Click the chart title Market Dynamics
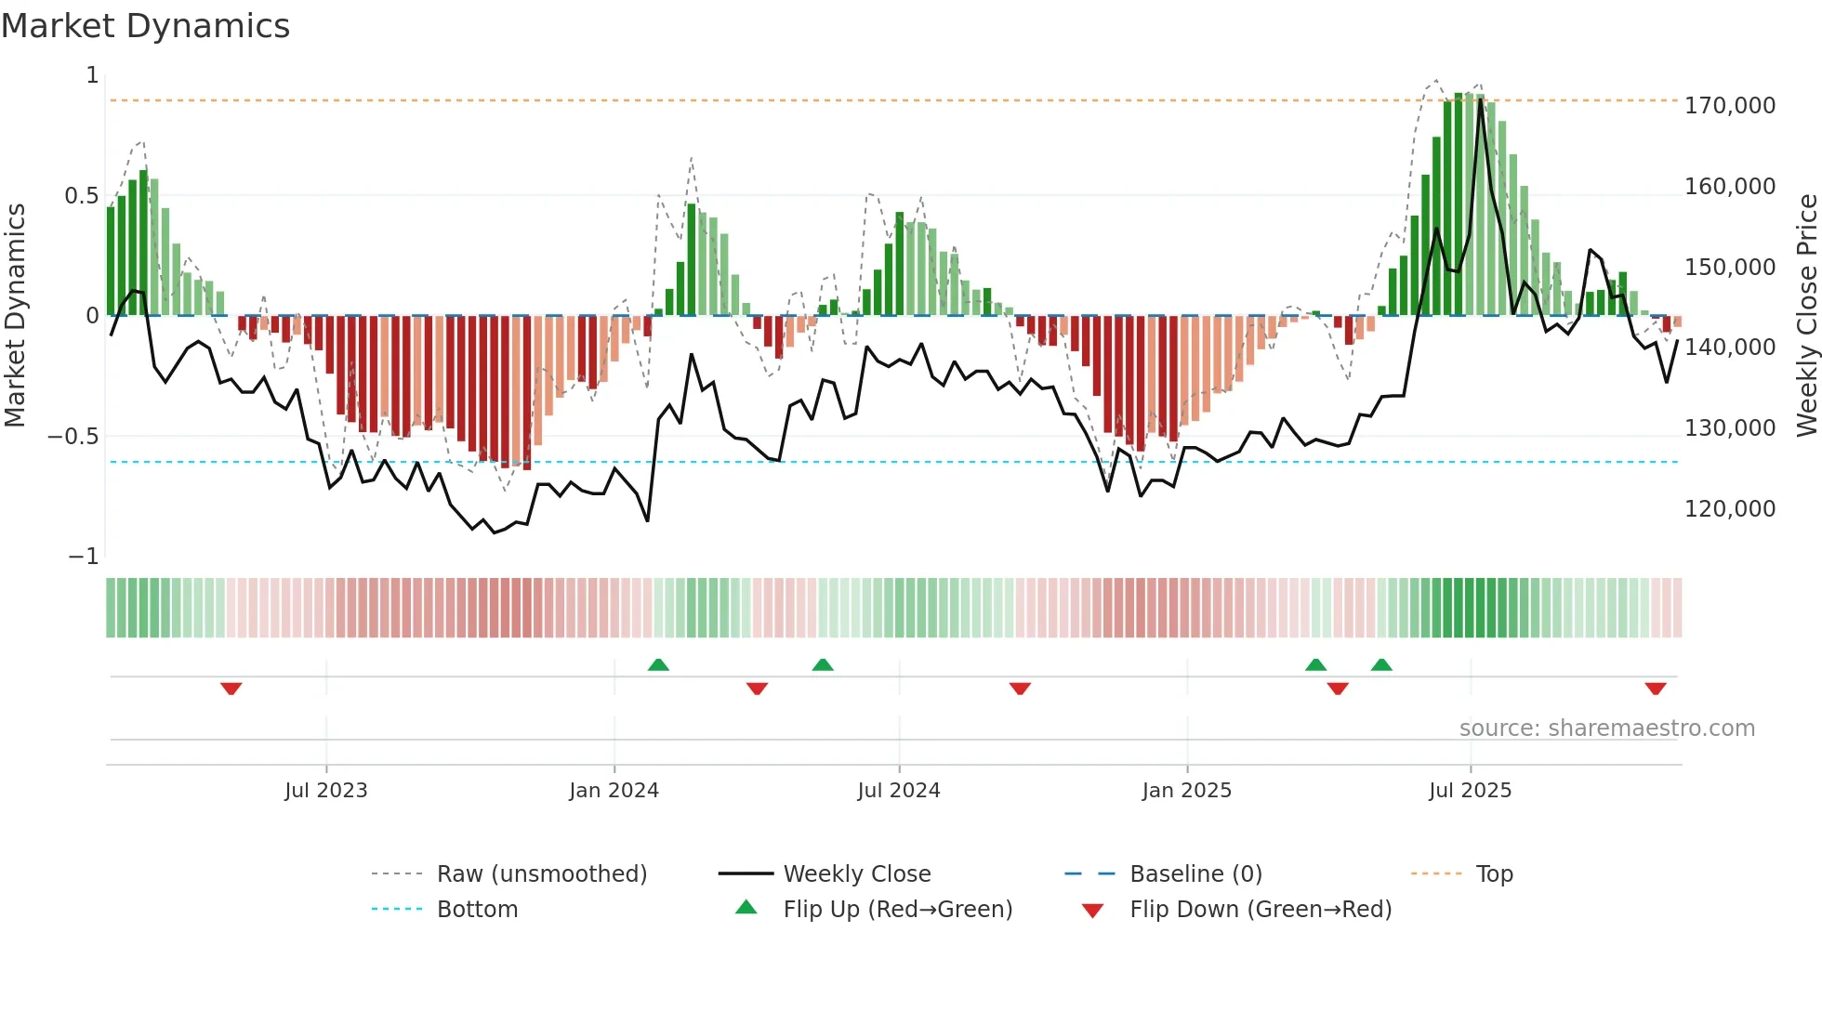point(145,26)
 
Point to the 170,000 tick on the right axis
point(1729,106)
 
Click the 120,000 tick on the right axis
point(1729,509)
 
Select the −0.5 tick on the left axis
point(73,437)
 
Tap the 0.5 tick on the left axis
point(81,196)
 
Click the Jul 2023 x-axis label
point(326,791)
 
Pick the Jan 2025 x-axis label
point(1186,791)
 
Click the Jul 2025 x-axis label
point(1470,791)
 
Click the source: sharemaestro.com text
point(1606,729)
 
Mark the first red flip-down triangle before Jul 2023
point(231,689)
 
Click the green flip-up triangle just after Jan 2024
point(658,664)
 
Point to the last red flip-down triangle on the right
point(1655,689)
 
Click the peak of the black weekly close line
point(1481,99)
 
